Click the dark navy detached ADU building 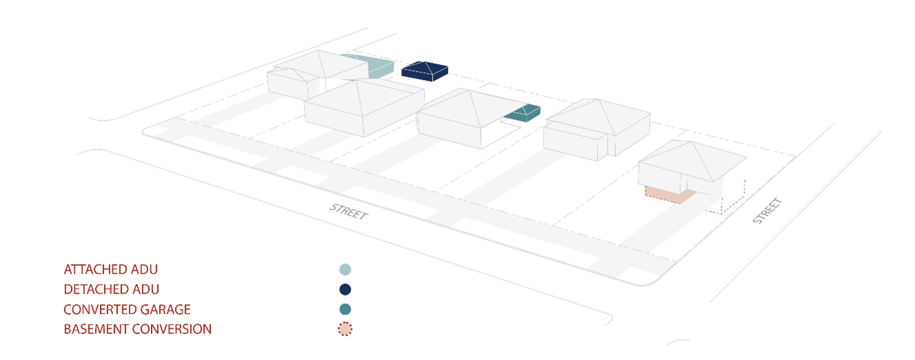425,71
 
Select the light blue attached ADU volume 373,66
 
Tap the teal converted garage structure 523,112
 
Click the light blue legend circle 345,270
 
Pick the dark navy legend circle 345,290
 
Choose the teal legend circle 345,309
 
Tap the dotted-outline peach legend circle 345,329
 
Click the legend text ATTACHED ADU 115,269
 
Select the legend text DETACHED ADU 116,289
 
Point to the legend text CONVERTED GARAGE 127,309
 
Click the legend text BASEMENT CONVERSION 137,329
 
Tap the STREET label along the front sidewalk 348,211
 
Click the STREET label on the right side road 767,210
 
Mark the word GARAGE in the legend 165,309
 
